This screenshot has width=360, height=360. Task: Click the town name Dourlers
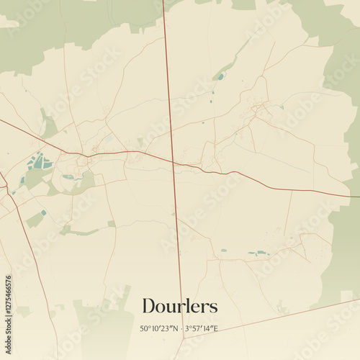coord(179,306)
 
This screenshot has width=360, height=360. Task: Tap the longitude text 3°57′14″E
coord(202,328)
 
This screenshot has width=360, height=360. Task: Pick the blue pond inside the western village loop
coord(68,176)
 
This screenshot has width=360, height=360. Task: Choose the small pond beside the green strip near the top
coord(220,76)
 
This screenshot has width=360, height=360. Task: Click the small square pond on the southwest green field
coord(43,212)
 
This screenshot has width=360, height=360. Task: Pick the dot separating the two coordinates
coord(180,329)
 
